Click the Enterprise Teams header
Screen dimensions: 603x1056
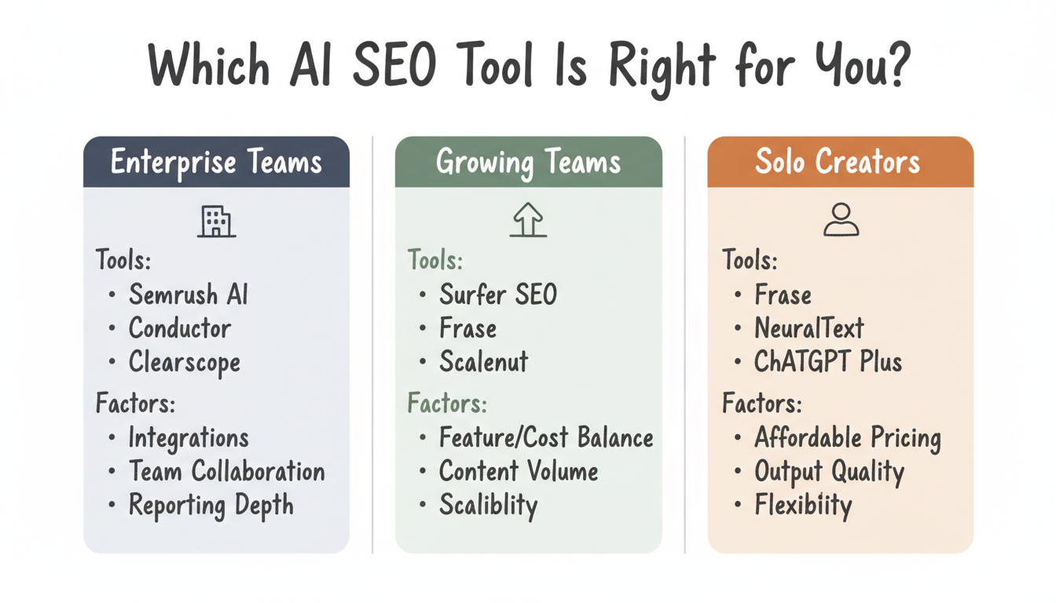click(x=216, y=163)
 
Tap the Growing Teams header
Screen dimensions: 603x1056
click(x=528, y=163)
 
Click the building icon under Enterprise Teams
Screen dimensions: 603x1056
click(x=216, y=221)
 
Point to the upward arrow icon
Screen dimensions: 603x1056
click(x=528, y=220)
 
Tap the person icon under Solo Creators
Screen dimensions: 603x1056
click(x=841, y=220)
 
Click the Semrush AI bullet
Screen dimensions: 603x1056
click(x=188, y=295)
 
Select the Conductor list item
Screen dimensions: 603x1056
click(x=180, y=328)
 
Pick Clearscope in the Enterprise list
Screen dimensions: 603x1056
click(x=185, y=362)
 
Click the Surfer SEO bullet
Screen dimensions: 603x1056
click(x=497, y=295)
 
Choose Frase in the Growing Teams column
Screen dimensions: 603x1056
click(x=467, y=328)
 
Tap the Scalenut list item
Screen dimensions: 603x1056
click(x=483, y=362)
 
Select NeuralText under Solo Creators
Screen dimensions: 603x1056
click(x=808, y=328)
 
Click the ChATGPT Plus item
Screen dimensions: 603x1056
click(x=827, y=362)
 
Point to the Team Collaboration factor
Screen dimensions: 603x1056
click(x=226, y=472)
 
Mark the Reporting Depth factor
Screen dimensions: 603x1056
click(x=211, y=506)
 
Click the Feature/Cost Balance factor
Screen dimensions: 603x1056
click(x=546, y=437)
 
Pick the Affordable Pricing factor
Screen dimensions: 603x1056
click(x=847, y=437)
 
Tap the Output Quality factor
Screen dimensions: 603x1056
click(x=829, y=472)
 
